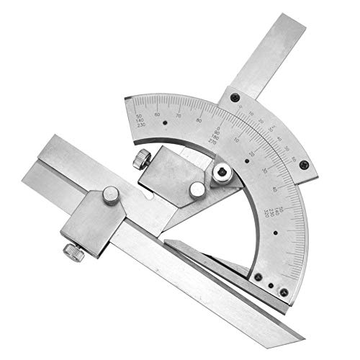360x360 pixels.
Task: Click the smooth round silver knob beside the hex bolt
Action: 196,189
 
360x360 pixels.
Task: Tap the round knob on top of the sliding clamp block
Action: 110,194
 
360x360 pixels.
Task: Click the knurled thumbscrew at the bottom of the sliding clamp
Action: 72,251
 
